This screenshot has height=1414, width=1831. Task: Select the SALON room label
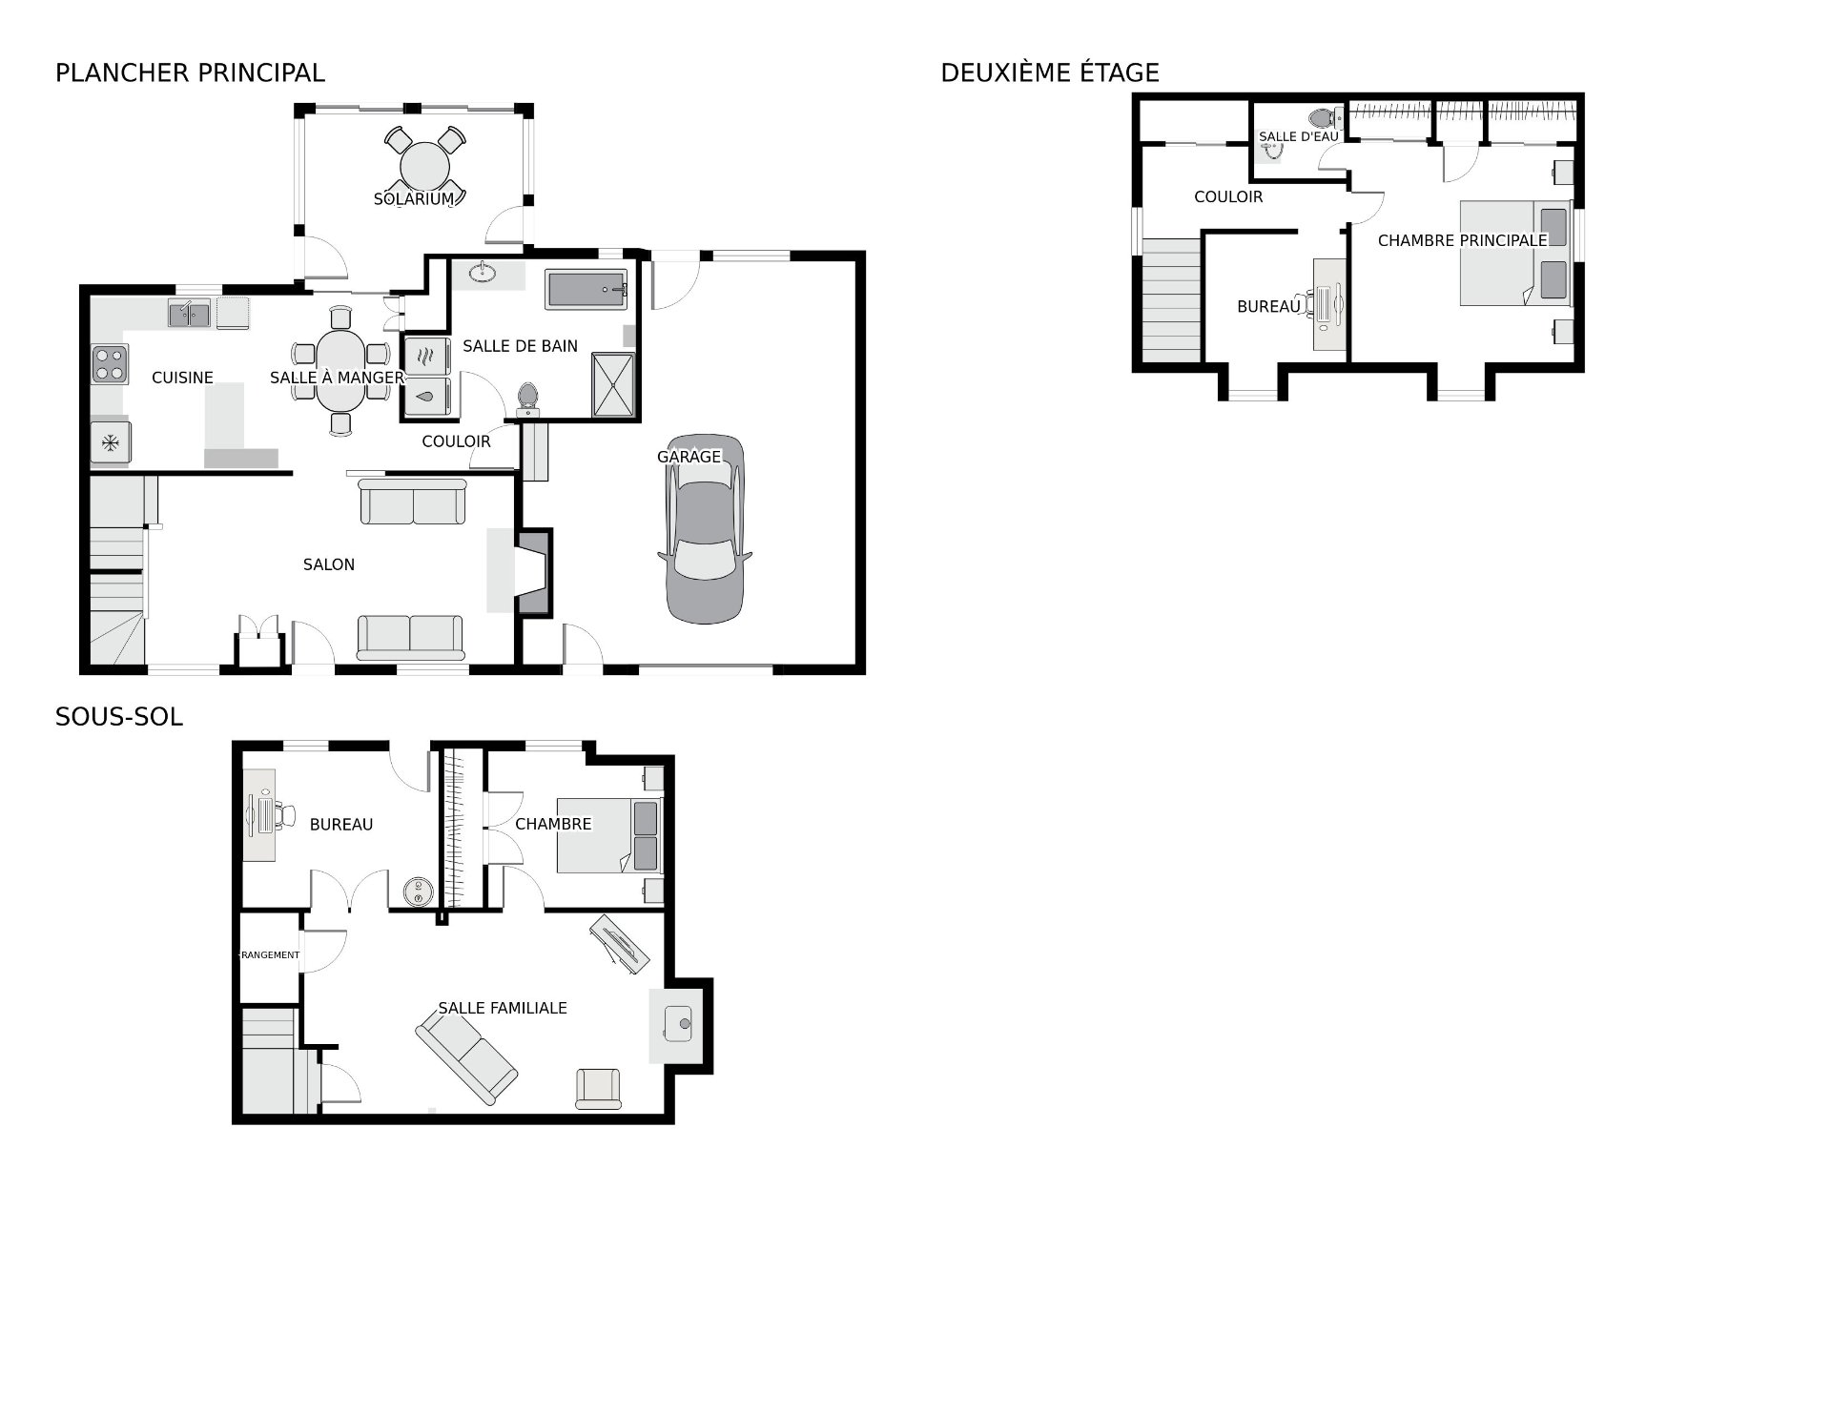click(329, 564)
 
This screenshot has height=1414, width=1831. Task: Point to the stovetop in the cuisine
click(110, 363)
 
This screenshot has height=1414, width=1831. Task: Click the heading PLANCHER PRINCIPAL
click(190, 72)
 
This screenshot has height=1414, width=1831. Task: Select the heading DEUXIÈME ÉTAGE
click(1050, 72)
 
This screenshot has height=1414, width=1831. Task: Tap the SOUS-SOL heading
click(118, 717)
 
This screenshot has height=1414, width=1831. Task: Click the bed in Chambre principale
click(1515, 253)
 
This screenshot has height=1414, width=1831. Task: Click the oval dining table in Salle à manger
click(340, 369)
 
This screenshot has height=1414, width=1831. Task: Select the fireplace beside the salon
click(533, 572)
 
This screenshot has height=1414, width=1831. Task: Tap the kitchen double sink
click(190, 314)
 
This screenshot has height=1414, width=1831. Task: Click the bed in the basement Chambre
click(608, 835)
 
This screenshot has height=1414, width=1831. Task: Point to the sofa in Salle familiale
click(466, 1057)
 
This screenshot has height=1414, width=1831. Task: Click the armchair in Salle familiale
click(598, 1089)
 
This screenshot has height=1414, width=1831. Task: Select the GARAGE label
click(689, 457)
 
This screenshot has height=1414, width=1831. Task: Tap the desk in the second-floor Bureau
click(1328, 304)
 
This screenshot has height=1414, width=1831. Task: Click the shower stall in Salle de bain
click(612, 384)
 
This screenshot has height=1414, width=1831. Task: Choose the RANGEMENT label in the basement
click(269, 954)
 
